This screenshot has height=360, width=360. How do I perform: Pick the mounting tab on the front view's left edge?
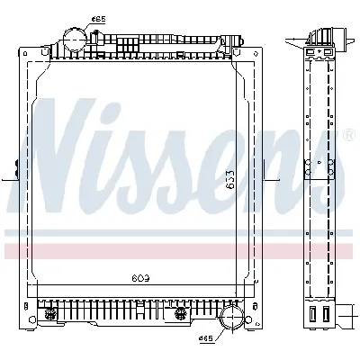(x=15, y=168)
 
